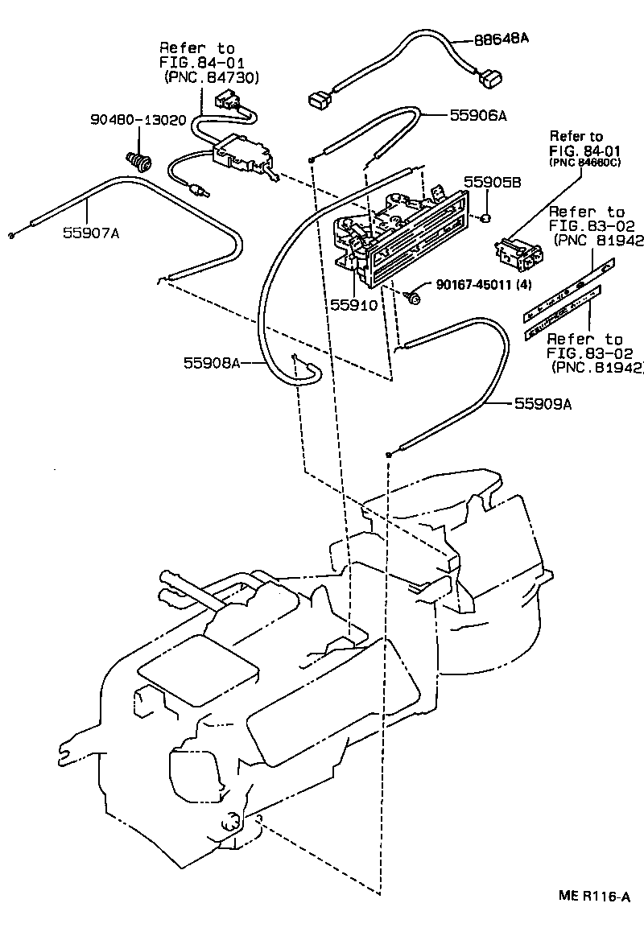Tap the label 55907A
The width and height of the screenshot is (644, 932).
pos(91,233)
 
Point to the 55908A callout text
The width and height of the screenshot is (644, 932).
pos(212,364)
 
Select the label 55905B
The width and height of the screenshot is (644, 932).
pos(493,183)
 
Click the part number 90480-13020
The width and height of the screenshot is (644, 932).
pos(138,120)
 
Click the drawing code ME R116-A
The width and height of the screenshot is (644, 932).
pos(595,896)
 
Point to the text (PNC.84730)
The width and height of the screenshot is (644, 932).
pos(212,77)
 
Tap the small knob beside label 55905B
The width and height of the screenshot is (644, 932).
pos(487,219)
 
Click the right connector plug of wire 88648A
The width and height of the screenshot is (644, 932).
pos(487,79)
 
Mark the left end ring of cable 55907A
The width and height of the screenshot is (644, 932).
pos(11,235)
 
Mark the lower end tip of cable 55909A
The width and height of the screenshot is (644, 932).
pos(389,456)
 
